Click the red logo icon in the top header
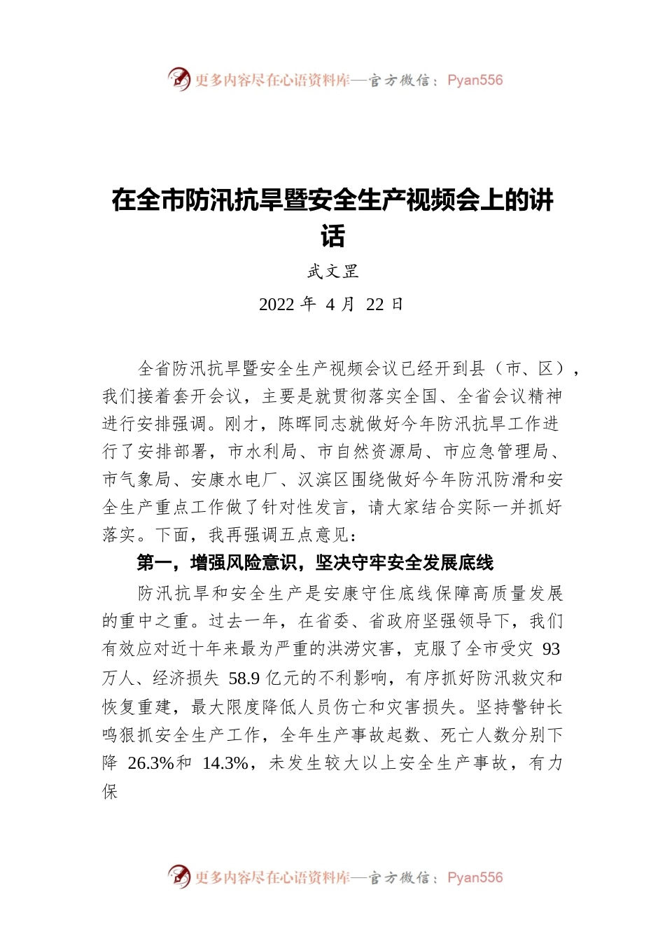[x=179, y=79]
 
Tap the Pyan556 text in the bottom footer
[x=475, y=877]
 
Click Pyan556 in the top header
[x=475, y=80]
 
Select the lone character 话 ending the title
[x=332, y=236]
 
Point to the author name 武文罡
[x=332, y=272]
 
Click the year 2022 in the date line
[x=276, y=305]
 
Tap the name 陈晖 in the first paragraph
[x=296, y=424]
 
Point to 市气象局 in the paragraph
[x=136, y=480]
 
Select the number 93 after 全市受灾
[x=551, y=650]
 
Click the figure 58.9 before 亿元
[x=244, y=678]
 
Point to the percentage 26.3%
[x=150, y=763]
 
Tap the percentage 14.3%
[x=225, y=763]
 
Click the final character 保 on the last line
[x=111, y=792]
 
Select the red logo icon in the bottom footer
[x=179, y=877]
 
